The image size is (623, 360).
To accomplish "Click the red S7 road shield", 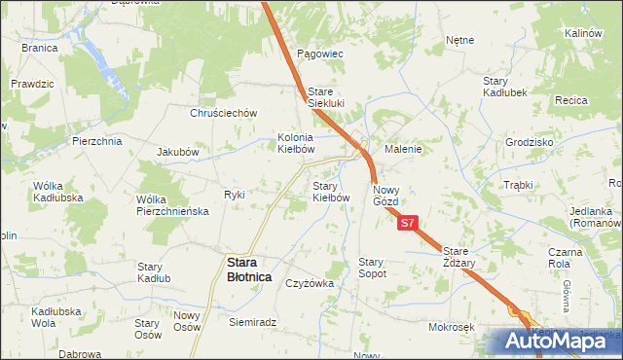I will (x=409, y=223).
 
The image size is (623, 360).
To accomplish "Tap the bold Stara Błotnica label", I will (x=249, y=269).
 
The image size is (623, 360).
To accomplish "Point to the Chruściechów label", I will (x=223, y=112).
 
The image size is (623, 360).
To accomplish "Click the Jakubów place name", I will (x=178, y=152).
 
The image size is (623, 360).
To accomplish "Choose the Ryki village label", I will (x=235, y=195).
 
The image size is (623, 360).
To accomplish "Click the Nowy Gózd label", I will (x=385, y=195).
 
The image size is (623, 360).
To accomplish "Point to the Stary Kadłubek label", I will (x=505, y=87).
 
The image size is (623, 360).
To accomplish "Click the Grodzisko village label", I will (x=530, y=141).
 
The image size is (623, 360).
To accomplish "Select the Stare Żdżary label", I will (x=454, y=257).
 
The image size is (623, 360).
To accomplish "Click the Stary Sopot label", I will (x=373, y=268).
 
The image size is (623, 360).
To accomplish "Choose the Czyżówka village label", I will (x=311, y=283).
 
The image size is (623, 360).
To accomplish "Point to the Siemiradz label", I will (x=253, y=322).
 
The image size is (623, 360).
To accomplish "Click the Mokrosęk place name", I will (x=450, y=328).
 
